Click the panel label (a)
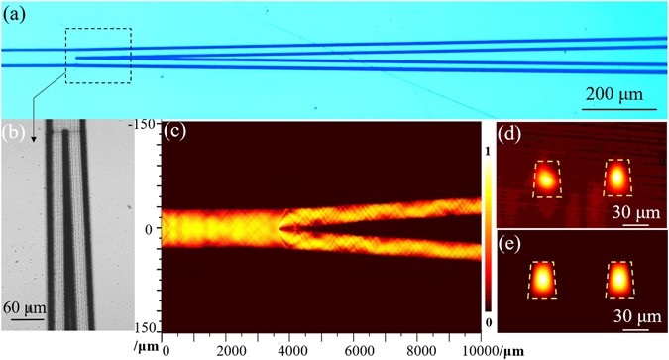[17, 14]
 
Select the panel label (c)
[174, 131]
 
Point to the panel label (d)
[508, 130]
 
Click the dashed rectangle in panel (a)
[98, 57]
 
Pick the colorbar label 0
[488, 323]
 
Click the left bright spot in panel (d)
[544, 180]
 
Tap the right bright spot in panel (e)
[619, 280]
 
